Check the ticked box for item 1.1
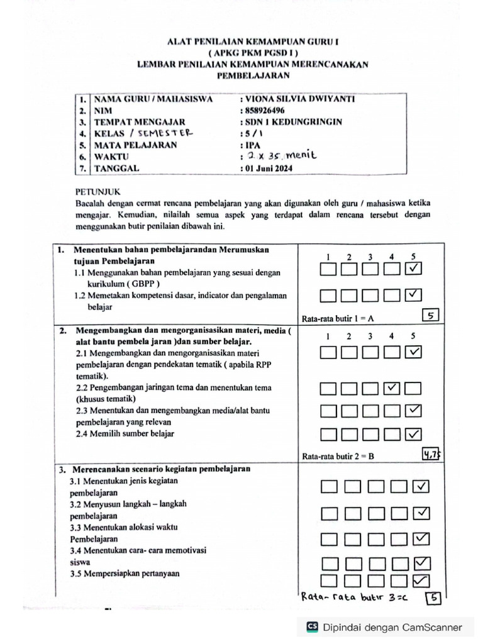coord(413,269)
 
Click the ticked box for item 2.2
coord(391,388)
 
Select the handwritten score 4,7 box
coord(431,455)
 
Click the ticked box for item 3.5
coord(421,580)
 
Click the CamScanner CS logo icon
coord(311,626)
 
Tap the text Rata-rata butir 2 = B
coord(338,457)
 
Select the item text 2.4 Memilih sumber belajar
coord(125,433)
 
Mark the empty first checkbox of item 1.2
coord(328,294)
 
